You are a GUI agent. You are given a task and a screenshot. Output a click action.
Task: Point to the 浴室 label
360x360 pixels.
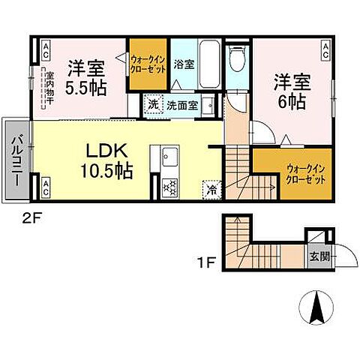(184, 64)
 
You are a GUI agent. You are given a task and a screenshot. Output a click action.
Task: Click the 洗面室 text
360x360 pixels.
(181, 105)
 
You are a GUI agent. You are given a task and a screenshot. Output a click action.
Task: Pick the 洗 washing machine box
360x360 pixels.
(154, 105)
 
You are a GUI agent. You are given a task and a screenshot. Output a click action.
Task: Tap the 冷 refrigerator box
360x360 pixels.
(211, 190)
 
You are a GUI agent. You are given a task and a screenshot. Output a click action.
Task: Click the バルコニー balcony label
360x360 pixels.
(16, 159)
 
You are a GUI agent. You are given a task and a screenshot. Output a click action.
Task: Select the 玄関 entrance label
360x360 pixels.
(317, 256)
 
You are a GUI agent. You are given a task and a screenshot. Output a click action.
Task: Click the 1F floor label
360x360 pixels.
(207, 263)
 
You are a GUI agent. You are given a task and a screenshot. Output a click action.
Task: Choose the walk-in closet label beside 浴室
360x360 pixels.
(146, 64)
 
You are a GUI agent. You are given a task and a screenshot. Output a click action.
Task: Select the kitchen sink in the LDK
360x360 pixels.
(166, 157)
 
